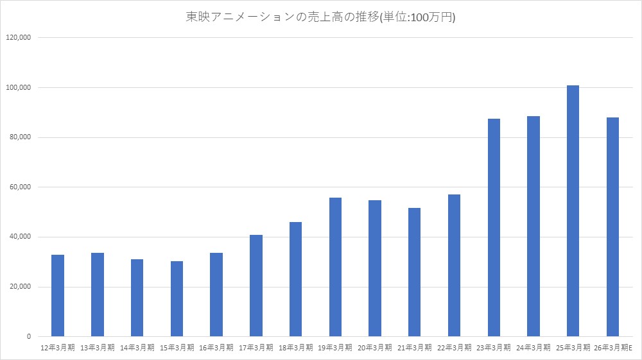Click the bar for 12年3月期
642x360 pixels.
(x=58, y=295)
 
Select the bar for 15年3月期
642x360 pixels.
(x=177, y=298)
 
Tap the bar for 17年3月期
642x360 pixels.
(x=256, y=286)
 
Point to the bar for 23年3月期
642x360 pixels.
(x=494, y=227)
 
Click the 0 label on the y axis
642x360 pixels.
(x=29, y=337)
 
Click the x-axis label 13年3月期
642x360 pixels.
(x=98, y=348)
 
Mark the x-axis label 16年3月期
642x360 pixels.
(x=216, y=348)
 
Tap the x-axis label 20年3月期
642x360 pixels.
(x=375, y=348)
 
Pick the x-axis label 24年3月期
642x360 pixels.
(x=534, y=348)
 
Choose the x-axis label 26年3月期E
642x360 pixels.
(x=614, y=348)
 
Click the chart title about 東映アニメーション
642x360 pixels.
(x=320, y=18)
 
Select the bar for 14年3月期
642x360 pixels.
(x=137, y=298)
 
